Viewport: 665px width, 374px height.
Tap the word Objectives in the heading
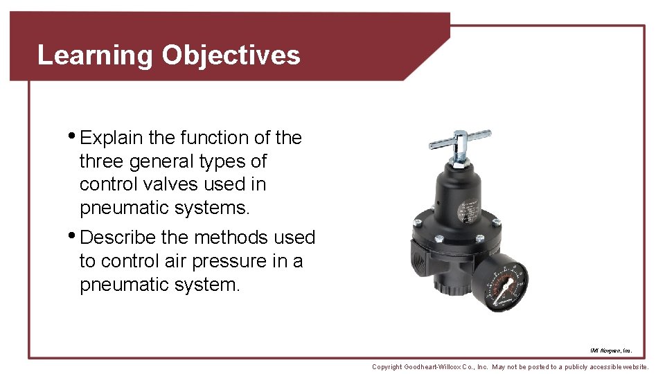(x=231, y=55)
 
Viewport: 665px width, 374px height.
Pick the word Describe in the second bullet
(x=118, y=238)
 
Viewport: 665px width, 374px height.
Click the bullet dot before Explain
(x=74, y=135)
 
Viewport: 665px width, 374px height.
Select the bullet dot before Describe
(x=74, y=235)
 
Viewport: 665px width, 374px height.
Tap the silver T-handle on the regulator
(x=459, y=139)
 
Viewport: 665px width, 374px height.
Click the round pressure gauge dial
(x=502, y=283)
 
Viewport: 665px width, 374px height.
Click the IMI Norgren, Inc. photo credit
(x=611, y=351)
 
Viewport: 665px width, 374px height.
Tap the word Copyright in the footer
(x=387, y=367)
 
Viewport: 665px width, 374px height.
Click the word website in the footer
(x=634, y=367)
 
